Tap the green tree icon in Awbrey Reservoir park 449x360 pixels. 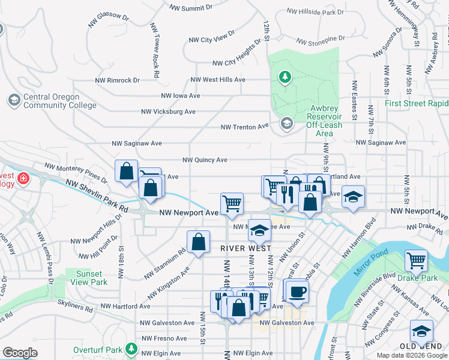[285, 77]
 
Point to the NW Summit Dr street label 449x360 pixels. [191, 8]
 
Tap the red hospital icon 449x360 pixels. [23, 178]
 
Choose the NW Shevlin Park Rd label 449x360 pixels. [97, 196]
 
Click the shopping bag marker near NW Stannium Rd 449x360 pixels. [198, 243]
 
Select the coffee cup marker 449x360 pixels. [295, 292]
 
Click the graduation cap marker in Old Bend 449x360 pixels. [421, 332]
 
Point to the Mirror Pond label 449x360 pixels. [368, 263]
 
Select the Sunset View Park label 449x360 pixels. [91, 278]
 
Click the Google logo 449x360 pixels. [20, 353]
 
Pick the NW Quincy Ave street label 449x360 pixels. [205, 160]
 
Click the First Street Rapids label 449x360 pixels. [416, 103]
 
